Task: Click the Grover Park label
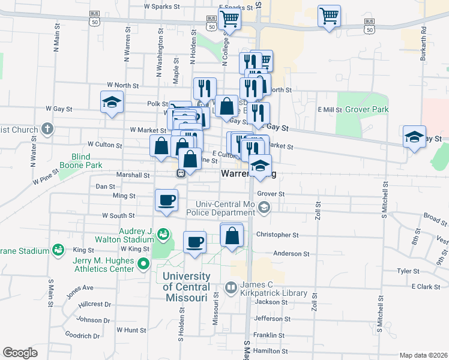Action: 367,110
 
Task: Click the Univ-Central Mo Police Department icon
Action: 264,208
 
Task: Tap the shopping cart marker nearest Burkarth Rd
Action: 329,16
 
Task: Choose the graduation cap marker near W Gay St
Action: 112,103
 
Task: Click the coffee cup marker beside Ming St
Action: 166,200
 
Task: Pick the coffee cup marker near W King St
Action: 194,242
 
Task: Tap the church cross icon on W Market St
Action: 47,129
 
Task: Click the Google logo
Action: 20,353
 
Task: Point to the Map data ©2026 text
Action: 423,355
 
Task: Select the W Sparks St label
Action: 162,7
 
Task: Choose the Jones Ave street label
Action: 80,291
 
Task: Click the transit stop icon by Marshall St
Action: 180,173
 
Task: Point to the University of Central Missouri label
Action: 187,287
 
